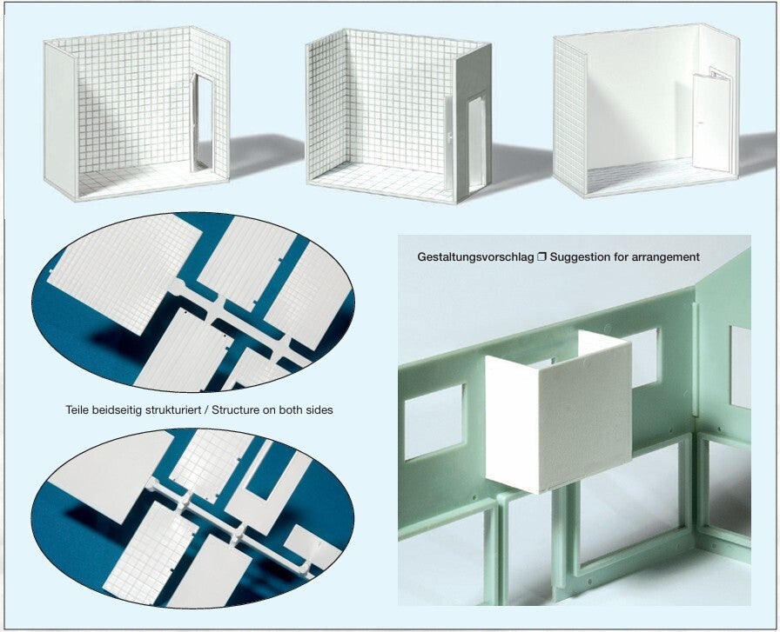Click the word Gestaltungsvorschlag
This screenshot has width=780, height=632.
coord(475,257)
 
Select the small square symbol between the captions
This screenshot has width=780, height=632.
coord(541,256)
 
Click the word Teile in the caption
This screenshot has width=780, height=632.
coord(77,410)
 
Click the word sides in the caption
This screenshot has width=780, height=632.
coord(319,410)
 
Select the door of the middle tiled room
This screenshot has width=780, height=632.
coord(476,145)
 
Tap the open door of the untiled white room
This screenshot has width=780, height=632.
coord(711,122)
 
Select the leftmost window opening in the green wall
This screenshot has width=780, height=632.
coord(434,422)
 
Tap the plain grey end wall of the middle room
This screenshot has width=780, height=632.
coord(474,122)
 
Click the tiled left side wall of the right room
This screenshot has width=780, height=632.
coord(570,116)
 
